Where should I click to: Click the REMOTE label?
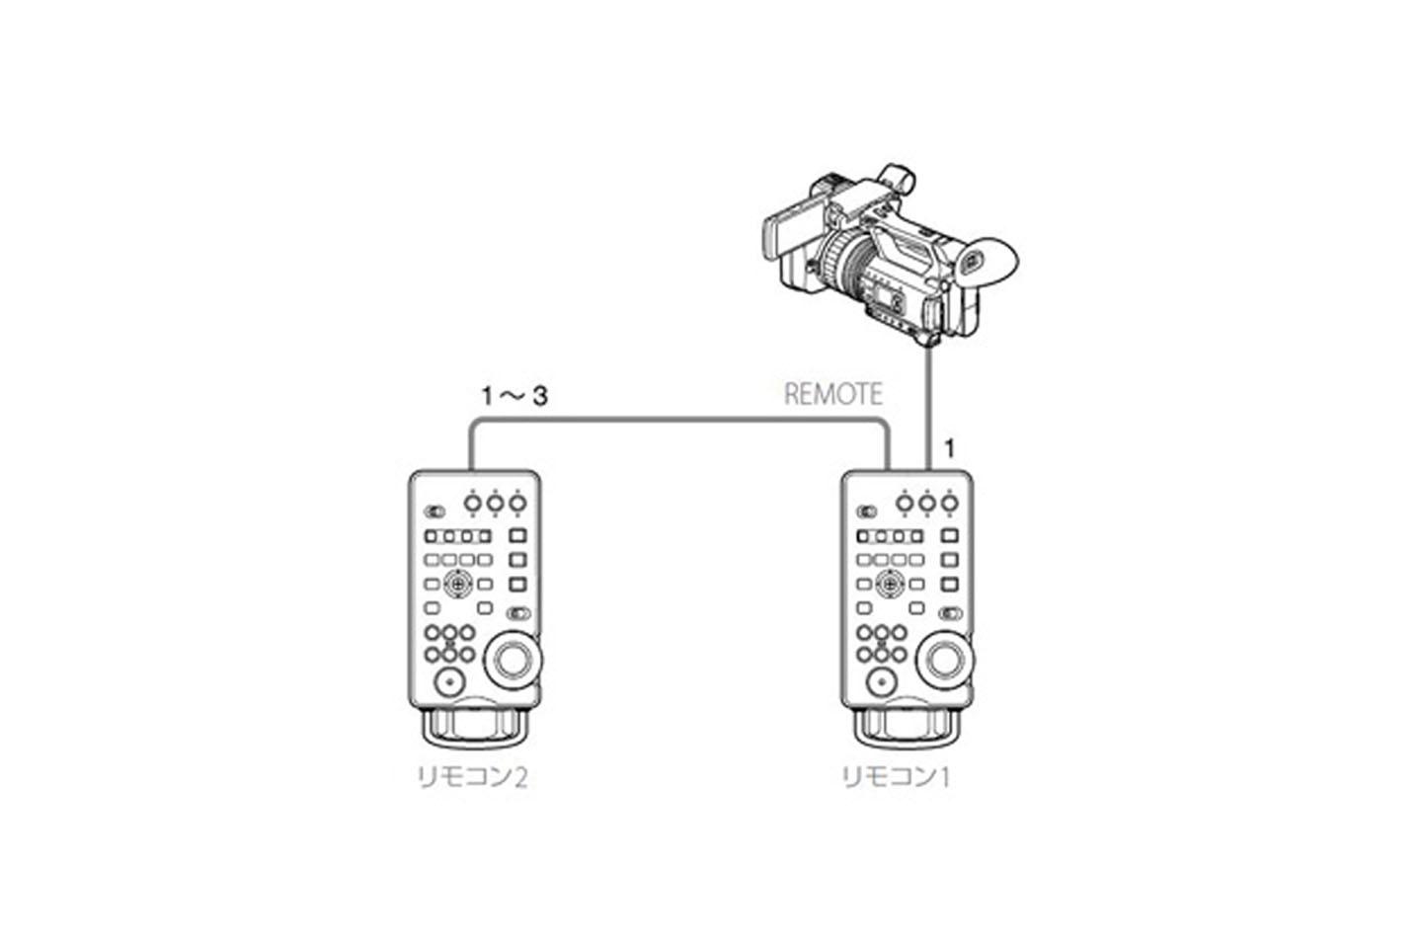pos(832,394)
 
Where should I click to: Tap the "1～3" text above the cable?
pos(514,396)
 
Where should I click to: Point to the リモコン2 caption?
pos(472,778)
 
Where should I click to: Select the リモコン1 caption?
pos(896,778)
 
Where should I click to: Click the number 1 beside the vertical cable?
pos(950,449)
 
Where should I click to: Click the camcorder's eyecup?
pos(989,261)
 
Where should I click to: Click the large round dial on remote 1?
pos(943,661)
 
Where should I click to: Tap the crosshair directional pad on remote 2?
pos(458,583)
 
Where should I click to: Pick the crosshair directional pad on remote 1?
pos(890,583)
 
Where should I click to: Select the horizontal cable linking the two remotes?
pos(678,420)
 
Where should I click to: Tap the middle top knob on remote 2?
pos(495,504)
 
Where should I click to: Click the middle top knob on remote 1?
pos(927,504)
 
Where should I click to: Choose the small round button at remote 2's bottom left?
pos(449,682)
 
